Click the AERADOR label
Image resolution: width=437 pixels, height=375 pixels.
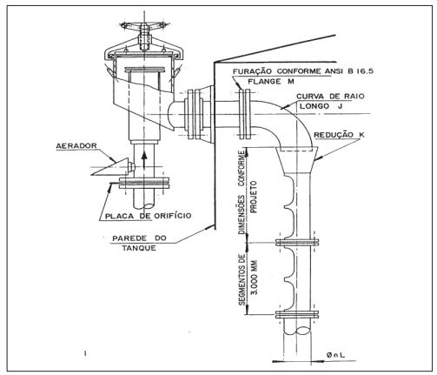click(76, 145)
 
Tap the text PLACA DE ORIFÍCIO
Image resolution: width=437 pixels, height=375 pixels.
click(148, 216)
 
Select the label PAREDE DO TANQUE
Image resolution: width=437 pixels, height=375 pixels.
click(139, 243)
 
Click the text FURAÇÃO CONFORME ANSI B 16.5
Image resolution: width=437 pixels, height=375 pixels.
click(303, 71)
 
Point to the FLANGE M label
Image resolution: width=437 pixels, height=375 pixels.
click(271, 82)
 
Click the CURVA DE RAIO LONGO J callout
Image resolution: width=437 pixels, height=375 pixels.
click(330, 101)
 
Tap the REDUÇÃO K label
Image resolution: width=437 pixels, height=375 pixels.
click(339, 135)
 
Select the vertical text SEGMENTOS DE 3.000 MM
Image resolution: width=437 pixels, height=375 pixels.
click(248, 279)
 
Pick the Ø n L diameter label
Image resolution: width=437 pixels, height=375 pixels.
click(335, 354)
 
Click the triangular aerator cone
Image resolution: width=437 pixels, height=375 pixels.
click(110, 167)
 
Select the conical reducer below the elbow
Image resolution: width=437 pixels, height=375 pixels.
click(296, 160)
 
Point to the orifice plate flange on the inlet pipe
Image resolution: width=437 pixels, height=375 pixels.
click(144, 183)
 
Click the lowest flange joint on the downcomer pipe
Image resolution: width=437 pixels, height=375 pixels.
click(297, 314)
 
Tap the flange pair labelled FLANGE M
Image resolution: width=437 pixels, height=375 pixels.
click(245, 114)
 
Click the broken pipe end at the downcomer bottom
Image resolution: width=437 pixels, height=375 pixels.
click(297, 330)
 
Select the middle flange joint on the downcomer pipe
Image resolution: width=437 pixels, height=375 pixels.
click(297, 242)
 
